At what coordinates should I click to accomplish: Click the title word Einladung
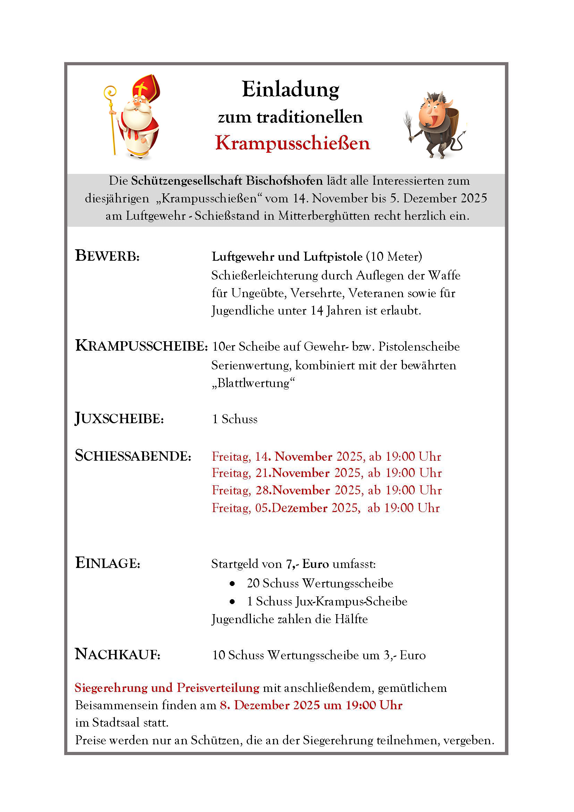pos(290,89)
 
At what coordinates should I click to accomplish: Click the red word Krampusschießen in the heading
pos(292,143)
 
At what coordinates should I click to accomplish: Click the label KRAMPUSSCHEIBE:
pos(141,346)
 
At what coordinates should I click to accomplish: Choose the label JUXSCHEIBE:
pos(119,418)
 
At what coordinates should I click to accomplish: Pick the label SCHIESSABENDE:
pos(133,456)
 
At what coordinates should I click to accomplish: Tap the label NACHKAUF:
pos(118,654)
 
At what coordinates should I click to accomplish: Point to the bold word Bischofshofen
pos(284,181)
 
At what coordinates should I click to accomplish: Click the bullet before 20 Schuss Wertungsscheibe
pos(232,584)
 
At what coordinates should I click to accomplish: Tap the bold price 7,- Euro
pos(307,564)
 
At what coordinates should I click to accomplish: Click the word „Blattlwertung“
pos(253,383)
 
